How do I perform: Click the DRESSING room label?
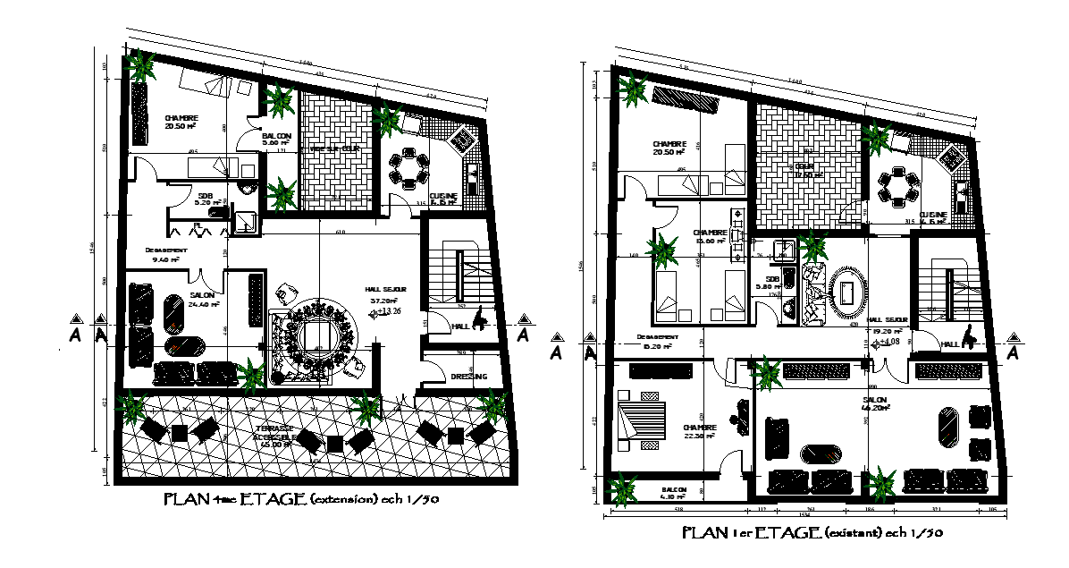(468, 377)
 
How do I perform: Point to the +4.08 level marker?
(885, 342)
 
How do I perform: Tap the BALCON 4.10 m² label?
(674, 494)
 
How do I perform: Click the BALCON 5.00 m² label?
(276, 139)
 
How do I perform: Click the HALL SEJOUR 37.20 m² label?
(385, 295)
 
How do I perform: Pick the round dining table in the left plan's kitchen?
(409, 170)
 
